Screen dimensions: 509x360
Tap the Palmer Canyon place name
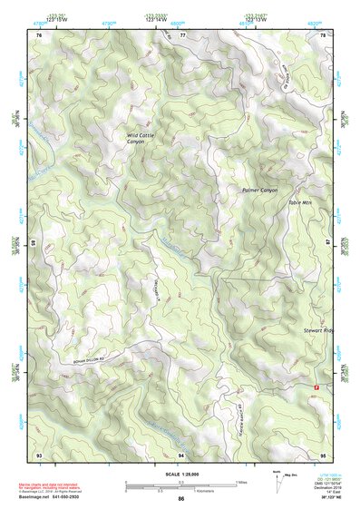259,190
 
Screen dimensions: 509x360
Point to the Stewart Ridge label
319,331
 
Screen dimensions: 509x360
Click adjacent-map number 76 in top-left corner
38,34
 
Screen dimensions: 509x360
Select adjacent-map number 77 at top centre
181,34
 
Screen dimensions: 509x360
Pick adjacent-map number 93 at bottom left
38,453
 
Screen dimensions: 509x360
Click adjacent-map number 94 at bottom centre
181,453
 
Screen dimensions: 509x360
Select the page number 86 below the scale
181,499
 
